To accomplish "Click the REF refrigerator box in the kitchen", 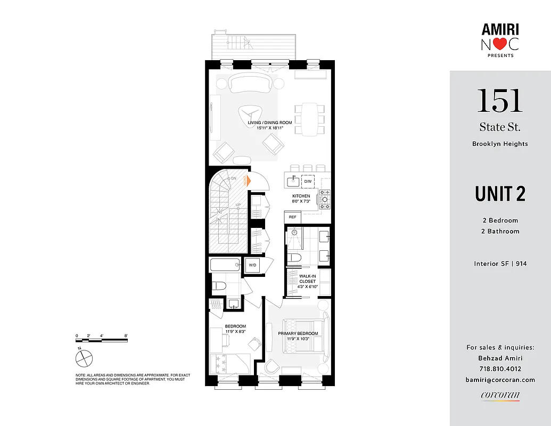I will coord(293,217).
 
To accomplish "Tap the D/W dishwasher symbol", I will coord(308,182).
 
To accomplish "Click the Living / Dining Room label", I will coord(270,122).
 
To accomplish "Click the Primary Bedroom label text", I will coord(298,334).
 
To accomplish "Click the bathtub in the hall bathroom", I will coord(226,265).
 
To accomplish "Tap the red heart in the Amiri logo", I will coord(498,45).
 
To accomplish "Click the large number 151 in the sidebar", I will coord(499,100).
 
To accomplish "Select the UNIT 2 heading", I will coord(500,194).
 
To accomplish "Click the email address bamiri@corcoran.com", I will coord(500,380).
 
